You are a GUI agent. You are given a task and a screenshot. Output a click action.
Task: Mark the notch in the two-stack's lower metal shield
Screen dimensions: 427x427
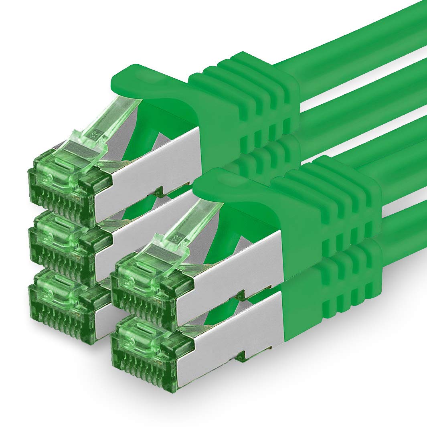point(241,355)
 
